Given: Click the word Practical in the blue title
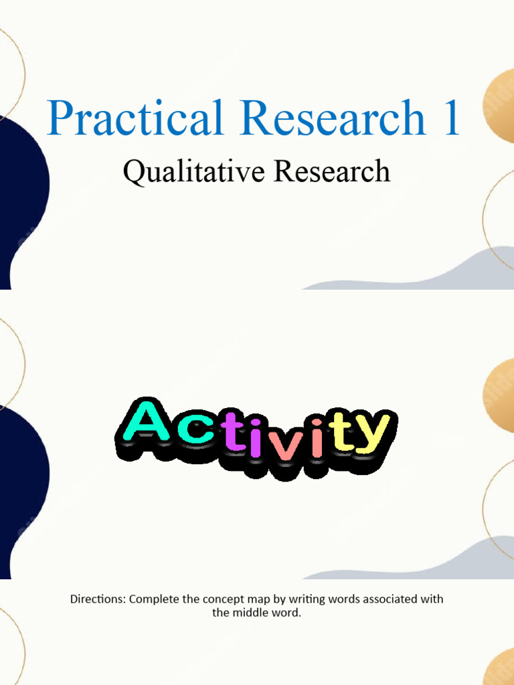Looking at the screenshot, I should (x=135, y=119).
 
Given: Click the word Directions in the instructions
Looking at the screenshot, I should (x=97, y=599).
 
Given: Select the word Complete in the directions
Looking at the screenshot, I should (x=153, y=599).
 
